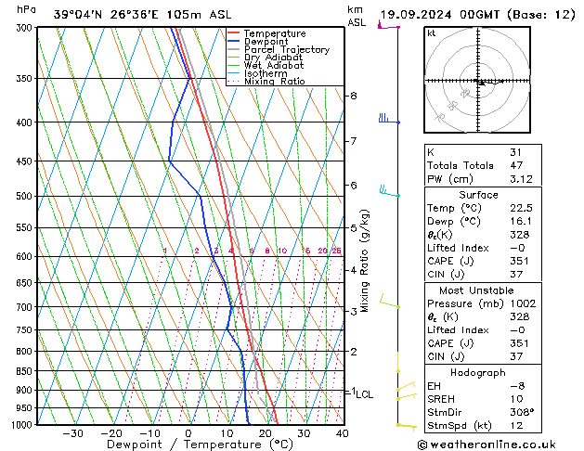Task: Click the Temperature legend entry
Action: pos(275,33)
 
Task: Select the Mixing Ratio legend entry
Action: pos(275,82)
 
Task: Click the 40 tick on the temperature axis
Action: pos(342,433)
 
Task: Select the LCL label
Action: pos(364,394)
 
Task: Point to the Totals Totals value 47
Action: pos(516,165)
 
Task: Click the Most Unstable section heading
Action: pos(478,290)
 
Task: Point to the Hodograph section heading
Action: pos(478,372)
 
